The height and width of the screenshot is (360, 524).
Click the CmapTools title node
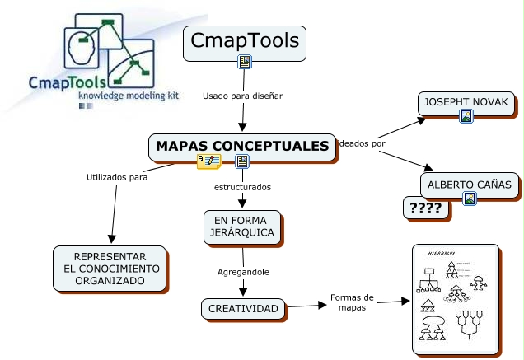pyautogui.click(x=244, y=41)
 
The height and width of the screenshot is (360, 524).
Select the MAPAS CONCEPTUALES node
pyautogui.click(x=242, y=146)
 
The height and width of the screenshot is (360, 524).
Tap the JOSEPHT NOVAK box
pyautogui.click(x=466, y=103)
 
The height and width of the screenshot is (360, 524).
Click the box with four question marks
pyautogui.click(x=426, y=208)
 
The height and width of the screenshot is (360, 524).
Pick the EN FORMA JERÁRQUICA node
pyautogui.click(x=243, y=227)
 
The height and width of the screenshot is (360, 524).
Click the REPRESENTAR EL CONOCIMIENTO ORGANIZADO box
pyautogui.click(x=110, y=269)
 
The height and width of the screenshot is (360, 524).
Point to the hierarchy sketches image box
pyautogui.click(x=455, y=299)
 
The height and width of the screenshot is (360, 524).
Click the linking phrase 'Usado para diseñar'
pyautogui.click(x=242, y=96)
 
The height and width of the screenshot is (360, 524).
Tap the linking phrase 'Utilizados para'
pyautogui.click(x=117, y=176)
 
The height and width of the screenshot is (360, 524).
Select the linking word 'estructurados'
pyautogui.click(x=242, y=187)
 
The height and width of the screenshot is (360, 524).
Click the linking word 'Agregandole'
pyautogui.click(x=243, y=271)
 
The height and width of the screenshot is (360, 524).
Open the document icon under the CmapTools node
pyautogui.click(x=245, y=62)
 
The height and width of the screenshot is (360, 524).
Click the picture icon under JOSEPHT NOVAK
pyautogui.click(x=466, y=117)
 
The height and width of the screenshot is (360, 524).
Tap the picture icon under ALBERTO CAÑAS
pyautogui.click(x=470, y=198)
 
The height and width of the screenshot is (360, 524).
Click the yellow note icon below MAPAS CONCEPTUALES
pyautogui.click(x=208, y=161)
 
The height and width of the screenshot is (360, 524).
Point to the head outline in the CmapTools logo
pyautogui.click(x=83, y=48)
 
